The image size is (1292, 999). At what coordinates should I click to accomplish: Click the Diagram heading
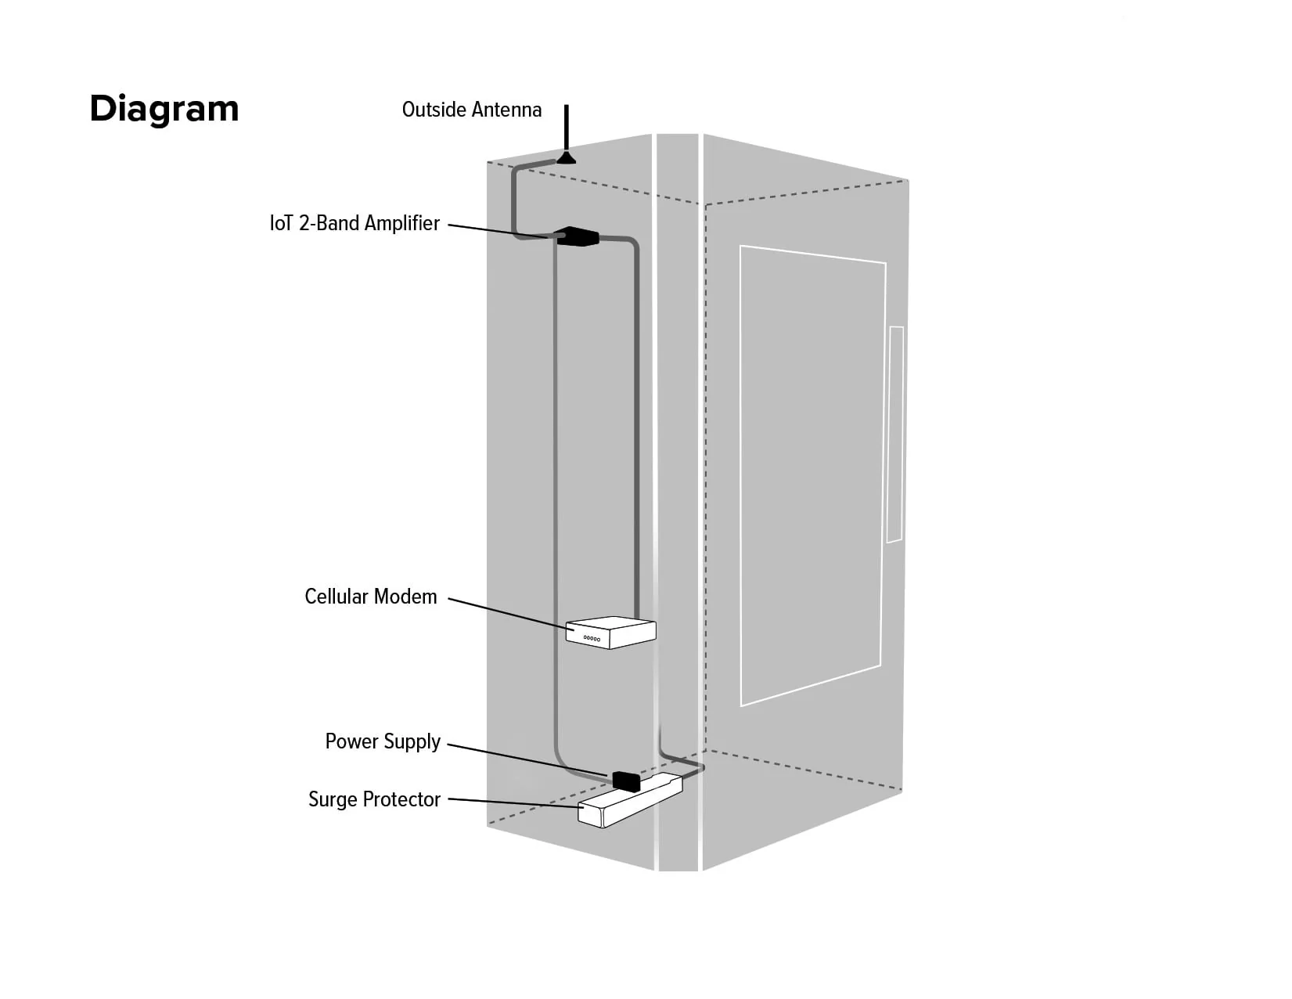point(164,109)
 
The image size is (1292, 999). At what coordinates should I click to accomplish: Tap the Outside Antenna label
point(471,110)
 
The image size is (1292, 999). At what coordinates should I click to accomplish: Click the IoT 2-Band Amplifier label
point(354,223)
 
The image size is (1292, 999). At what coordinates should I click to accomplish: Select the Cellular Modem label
point(370,597)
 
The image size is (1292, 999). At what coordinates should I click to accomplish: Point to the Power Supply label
point(383,741)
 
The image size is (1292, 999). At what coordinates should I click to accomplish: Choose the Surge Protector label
point(374,799)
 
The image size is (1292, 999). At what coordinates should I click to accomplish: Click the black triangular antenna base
point(566,158)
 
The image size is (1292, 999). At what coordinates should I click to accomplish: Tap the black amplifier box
point(577,236)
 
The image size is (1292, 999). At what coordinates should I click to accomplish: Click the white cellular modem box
point(610,632)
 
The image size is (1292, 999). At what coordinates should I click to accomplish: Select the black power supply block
point(626,781)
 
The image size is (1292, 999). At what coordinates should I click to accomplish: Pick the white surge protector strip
point(629,800)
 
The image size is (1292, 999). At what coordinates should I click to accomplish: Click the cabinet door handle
point(895,435)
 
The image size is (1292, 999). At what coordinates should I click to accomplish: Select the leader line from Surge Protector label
point(513,802)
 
